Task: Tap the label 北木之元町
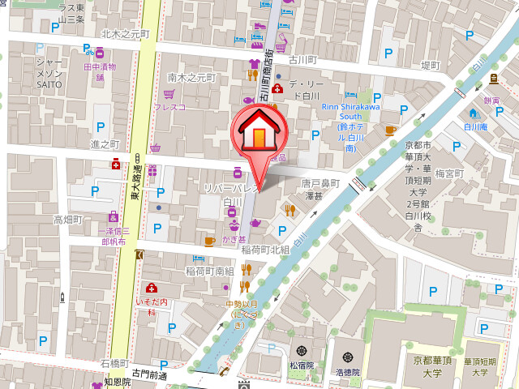(126, 34)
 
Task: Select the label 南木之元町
(192, 78)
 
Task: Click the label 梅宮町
(448, 173)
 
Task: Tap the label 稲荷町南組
(209, 271)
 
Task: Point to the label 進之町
(105, 143)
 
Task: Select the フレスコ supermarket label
(170, 106)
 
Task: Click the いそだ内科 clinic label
(152, 306)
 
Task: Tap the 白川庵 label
(474, 127)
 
